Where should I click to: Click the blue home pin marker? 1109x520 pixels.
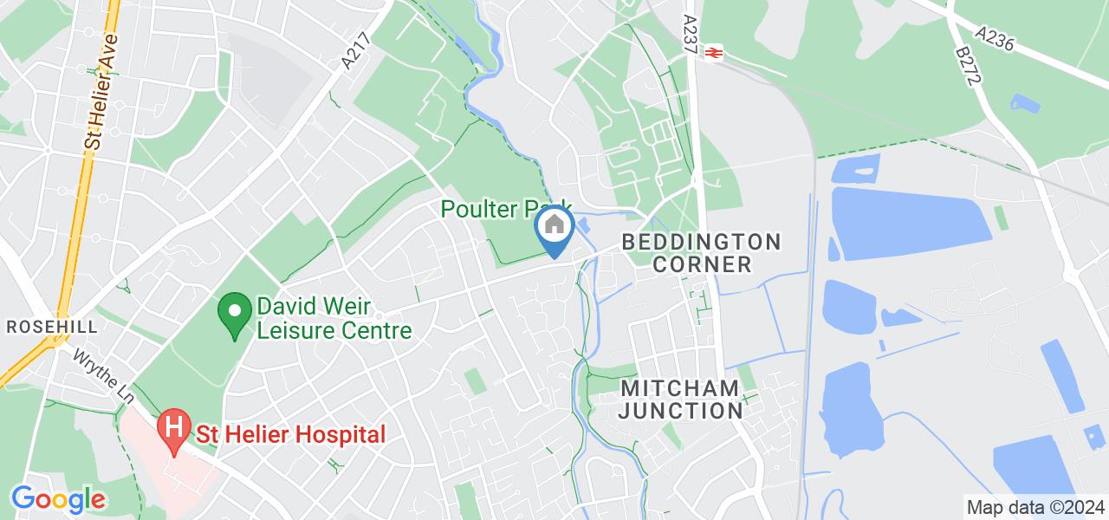pyautogui.click(x=554, y=228)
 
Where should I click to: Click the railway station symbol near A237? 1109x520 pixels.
pyautogui.click(x=714, y=53)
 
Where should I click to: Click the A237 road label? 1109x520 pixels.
pyautogui.click(x=690, y=36)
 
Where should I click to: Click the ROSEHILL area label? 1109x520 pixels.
pyautogui.click(x=52, y=327)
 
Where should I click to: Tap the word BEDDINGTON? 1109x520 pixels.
pyautogui.click(x=701, y=241)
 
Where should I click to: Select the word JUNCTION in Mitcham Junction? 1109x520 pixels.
pyautogui.click(x=680, y=411)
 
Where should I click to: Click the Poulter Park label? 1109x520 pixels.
pyautogui.click(x=507, y=209)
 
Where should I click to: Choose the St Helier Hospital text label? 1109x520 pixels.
pyautogui.click(x=289, y=434)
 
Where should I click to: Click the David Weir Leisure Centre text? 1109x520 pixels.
pyautogui.click(x=333, y=318)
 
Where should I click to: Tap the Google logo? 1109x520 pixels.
pyautogui.click(x=58, y=499)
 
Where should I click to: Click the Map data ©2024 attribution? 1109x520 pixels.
pyautogui.click(x=1035, y=507)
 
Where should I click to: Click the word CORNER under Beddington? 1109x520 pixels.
pyautogui.click(x=702, y=263)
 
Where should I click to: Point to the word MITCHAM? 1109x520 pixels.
pyautogui.click(x=679, y=388)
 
